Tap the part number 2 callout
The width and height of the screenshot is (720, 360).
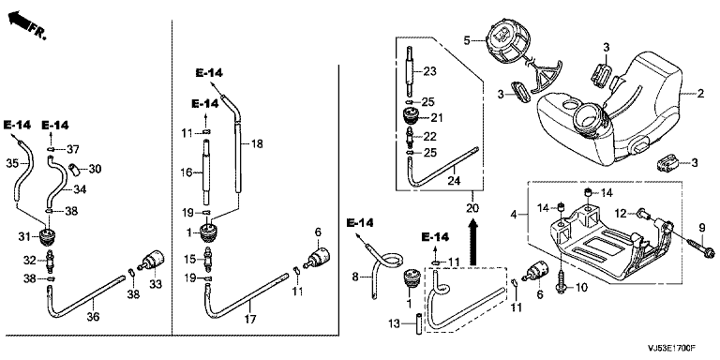700,94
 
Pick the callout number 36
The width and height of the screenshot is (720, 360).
93,316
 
